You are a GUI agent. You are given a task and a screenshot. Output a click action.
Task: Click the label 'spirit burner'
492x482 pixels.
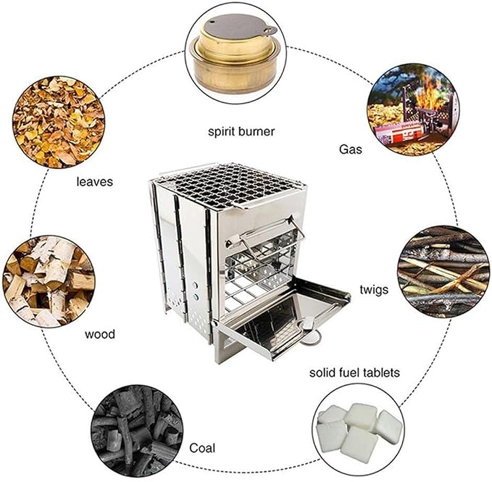tap(241, 132)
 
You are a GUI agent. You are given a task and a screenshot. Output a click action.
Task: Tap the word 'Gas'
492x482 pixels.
tap(351, 149)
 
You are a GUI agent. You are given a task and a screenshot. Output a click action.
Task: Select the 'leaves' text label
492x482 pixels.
tap(94, 182)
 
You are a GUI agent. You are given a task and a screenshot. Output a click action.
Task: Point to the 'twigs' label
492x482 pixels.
tap(374, 289)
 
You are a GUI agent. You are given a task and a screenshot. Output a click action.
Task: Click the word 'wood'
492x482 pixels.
tap(100, 334)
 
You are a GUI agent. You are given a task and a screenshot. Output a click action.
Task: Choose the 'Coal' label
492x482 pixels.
tap(202, 448)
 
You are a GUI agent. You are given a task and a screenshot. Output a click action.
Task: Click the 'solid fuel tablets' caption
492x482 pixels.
tap(354, 373)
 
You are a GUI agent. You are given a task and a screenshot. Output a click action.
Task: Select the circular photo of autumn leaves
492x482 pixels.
tap(59, 122)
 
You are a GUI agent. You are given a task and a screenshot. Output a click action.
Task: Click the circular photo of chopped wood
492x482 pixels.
tap(49, 281)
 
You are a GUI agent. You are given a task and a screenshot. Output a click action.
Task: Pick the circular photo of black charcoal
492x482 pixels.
tap(137, 430)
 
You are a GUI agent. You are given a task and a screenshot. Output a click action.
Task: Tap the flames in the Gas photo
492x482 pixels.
tap(428, 91)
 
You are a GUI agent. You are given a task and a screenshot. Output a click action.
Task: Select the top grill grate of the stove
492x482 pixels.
tap(228, 185)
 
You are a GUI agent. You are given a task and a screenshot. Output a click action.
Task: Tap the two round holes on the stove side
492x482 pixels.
tap(196, 291)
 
